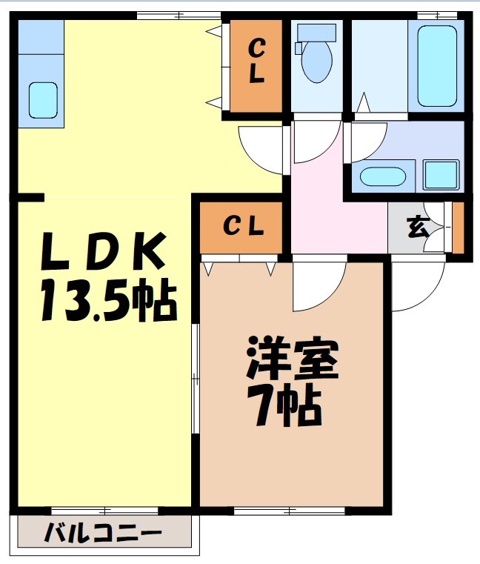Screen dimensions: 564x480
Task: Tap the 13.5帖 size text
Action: pos(107,300)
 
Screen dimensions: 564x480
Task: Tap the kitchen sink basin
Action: pos(43,98)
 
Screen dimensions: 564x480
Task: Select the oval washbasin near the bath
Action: pos(382,177)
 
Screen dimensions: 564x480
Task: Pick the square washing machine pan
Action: pos(442,174)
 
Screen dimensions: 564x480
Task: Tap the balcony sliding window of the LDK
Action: pos(104,510)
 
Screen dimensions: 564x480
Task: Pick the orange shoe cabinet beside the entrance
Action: pos(458,228)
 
